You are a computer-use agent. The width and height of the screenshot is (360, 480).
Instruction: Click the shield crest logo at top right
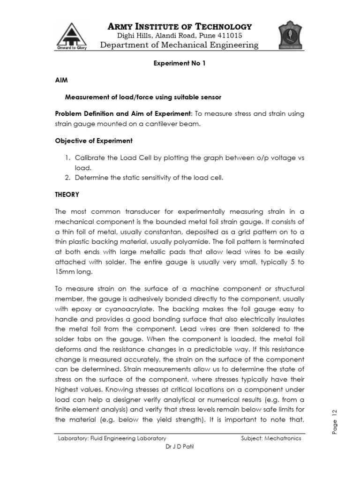291,35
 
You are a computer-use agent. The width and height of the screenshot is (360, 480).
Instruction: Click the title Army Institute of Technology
180,26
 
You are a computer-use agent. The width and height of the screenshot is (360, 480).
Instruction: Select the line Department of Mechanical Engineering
180,45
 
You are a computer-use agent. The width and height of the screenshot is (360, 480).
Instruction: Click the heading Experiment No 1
180,65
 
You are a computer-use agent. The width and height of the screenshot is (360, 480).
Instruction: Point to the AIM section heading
61,81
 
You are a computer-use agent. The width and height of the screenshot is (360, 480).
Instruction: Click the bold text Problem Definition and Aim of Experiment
123,114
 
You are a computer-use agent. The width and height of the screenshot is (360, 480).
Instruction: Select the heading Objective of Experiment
94,141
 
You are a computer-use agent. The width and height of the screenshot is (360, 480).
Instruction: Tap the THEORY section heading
67,195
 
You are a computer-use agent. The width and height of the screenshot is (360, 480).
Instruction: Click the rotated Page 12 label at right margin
335,421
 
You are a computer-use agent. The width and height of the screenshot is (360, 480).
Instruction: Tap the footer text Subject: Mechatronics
271,439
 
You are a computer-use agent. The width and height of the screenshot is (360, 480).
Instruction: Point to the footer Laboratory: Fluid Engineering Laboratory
112,439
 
